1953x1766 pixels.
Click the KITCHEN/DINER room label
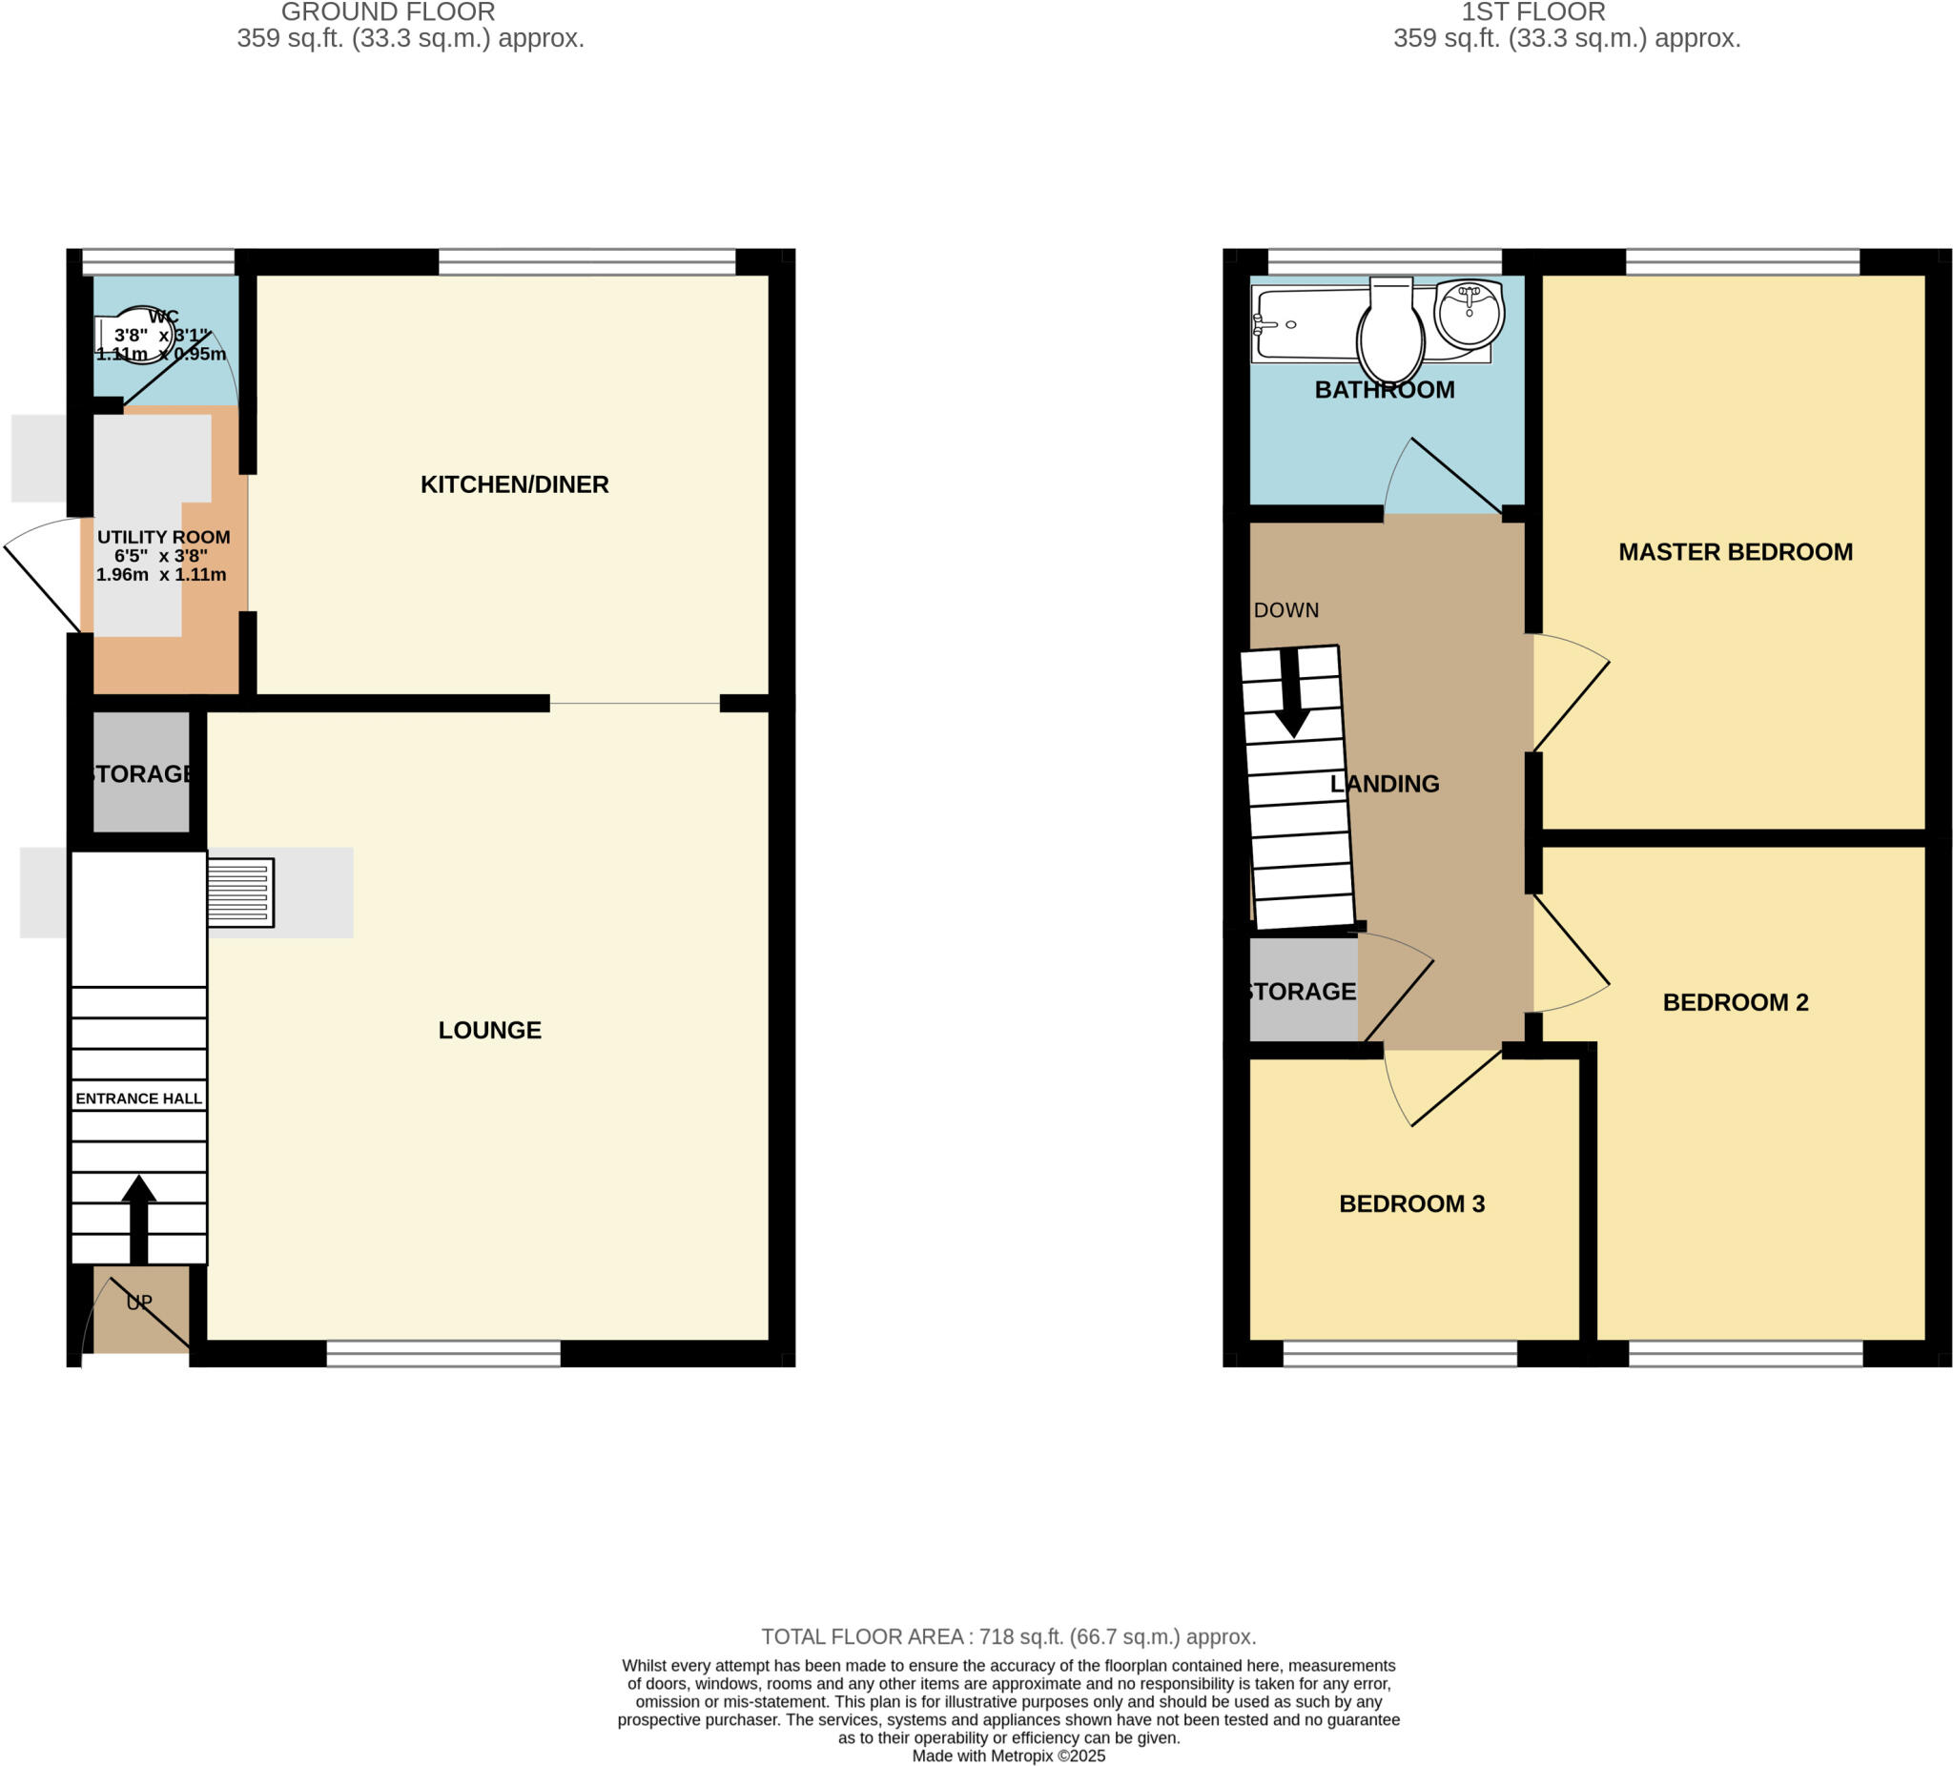[x=514, y=484]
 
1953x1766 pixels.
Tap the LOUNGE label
[x=489, y=1030]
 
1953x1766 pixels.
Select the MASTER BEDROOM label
[x=1735, y=552]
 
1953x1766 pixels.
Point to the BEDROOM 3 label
[x=1411, y=1203]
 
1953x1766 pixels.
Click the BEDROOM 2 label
[x=1735, y=1001]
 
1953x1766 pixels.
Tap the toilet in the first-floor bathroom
[x=1391, y=333]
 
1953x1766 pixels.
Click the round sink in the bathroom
[x=1469, y=312]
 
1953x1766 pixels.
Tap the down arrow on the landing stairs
[x=1292, y=693]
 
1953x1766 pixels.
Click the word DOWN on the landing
[x=1286, y=610]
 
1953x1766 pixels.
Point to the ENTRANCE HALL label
[x=138, y=1099]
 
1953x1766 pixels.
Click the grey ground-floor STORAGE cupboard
[x=141, y=773]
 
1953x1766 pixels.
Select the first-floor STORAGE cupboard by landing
[x=1302, y=991]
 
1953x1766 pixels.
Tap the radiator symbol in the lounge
[x=239, y=893]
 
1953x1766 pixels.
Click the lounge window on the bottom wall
[x=442, y=1353]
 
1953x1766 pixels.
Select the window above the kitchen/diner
[x=586, y=261]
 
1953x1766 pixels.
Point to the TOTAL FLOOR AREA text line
[x=1008, y=1636]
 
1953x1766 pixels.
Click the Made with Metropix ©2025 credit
[x=1008, y=1756]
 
